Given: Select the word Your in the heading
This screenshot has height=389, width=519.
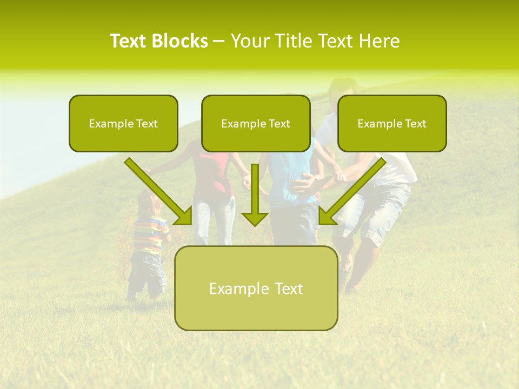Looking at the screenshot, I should coord(248,41).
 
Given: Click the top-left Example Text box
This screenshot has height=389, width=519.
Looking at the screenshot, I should coord(123,123).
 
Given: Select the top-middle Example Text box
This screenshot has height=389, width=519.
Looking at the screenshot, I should coord(256,123).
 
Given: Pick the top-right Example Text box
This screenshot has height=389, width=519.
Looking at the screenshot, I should coord(392,123).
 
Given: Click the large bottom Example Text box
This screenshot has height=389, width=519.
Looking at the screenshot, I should coord(256,288).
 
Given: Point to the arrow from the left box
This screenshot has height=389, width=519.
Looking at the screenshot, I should coord(159,192).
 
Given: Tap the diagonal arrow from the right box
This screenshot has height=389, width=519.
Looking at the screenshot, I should coord(351,192).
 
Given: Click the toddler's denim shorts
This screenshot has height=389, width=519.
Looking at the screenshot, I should coord(147,267).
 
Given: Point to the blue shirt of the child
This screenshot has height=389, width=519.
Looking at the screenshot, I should coord(289,178).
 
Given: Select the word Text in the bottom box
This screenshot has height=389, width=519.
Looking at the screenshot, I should coord(288,288).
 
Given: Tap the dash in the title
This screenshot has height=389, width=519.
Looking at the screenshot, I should coord(219,42).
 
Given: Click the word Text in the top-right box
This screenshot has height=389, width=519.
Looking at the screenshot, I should coord(415,123).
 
